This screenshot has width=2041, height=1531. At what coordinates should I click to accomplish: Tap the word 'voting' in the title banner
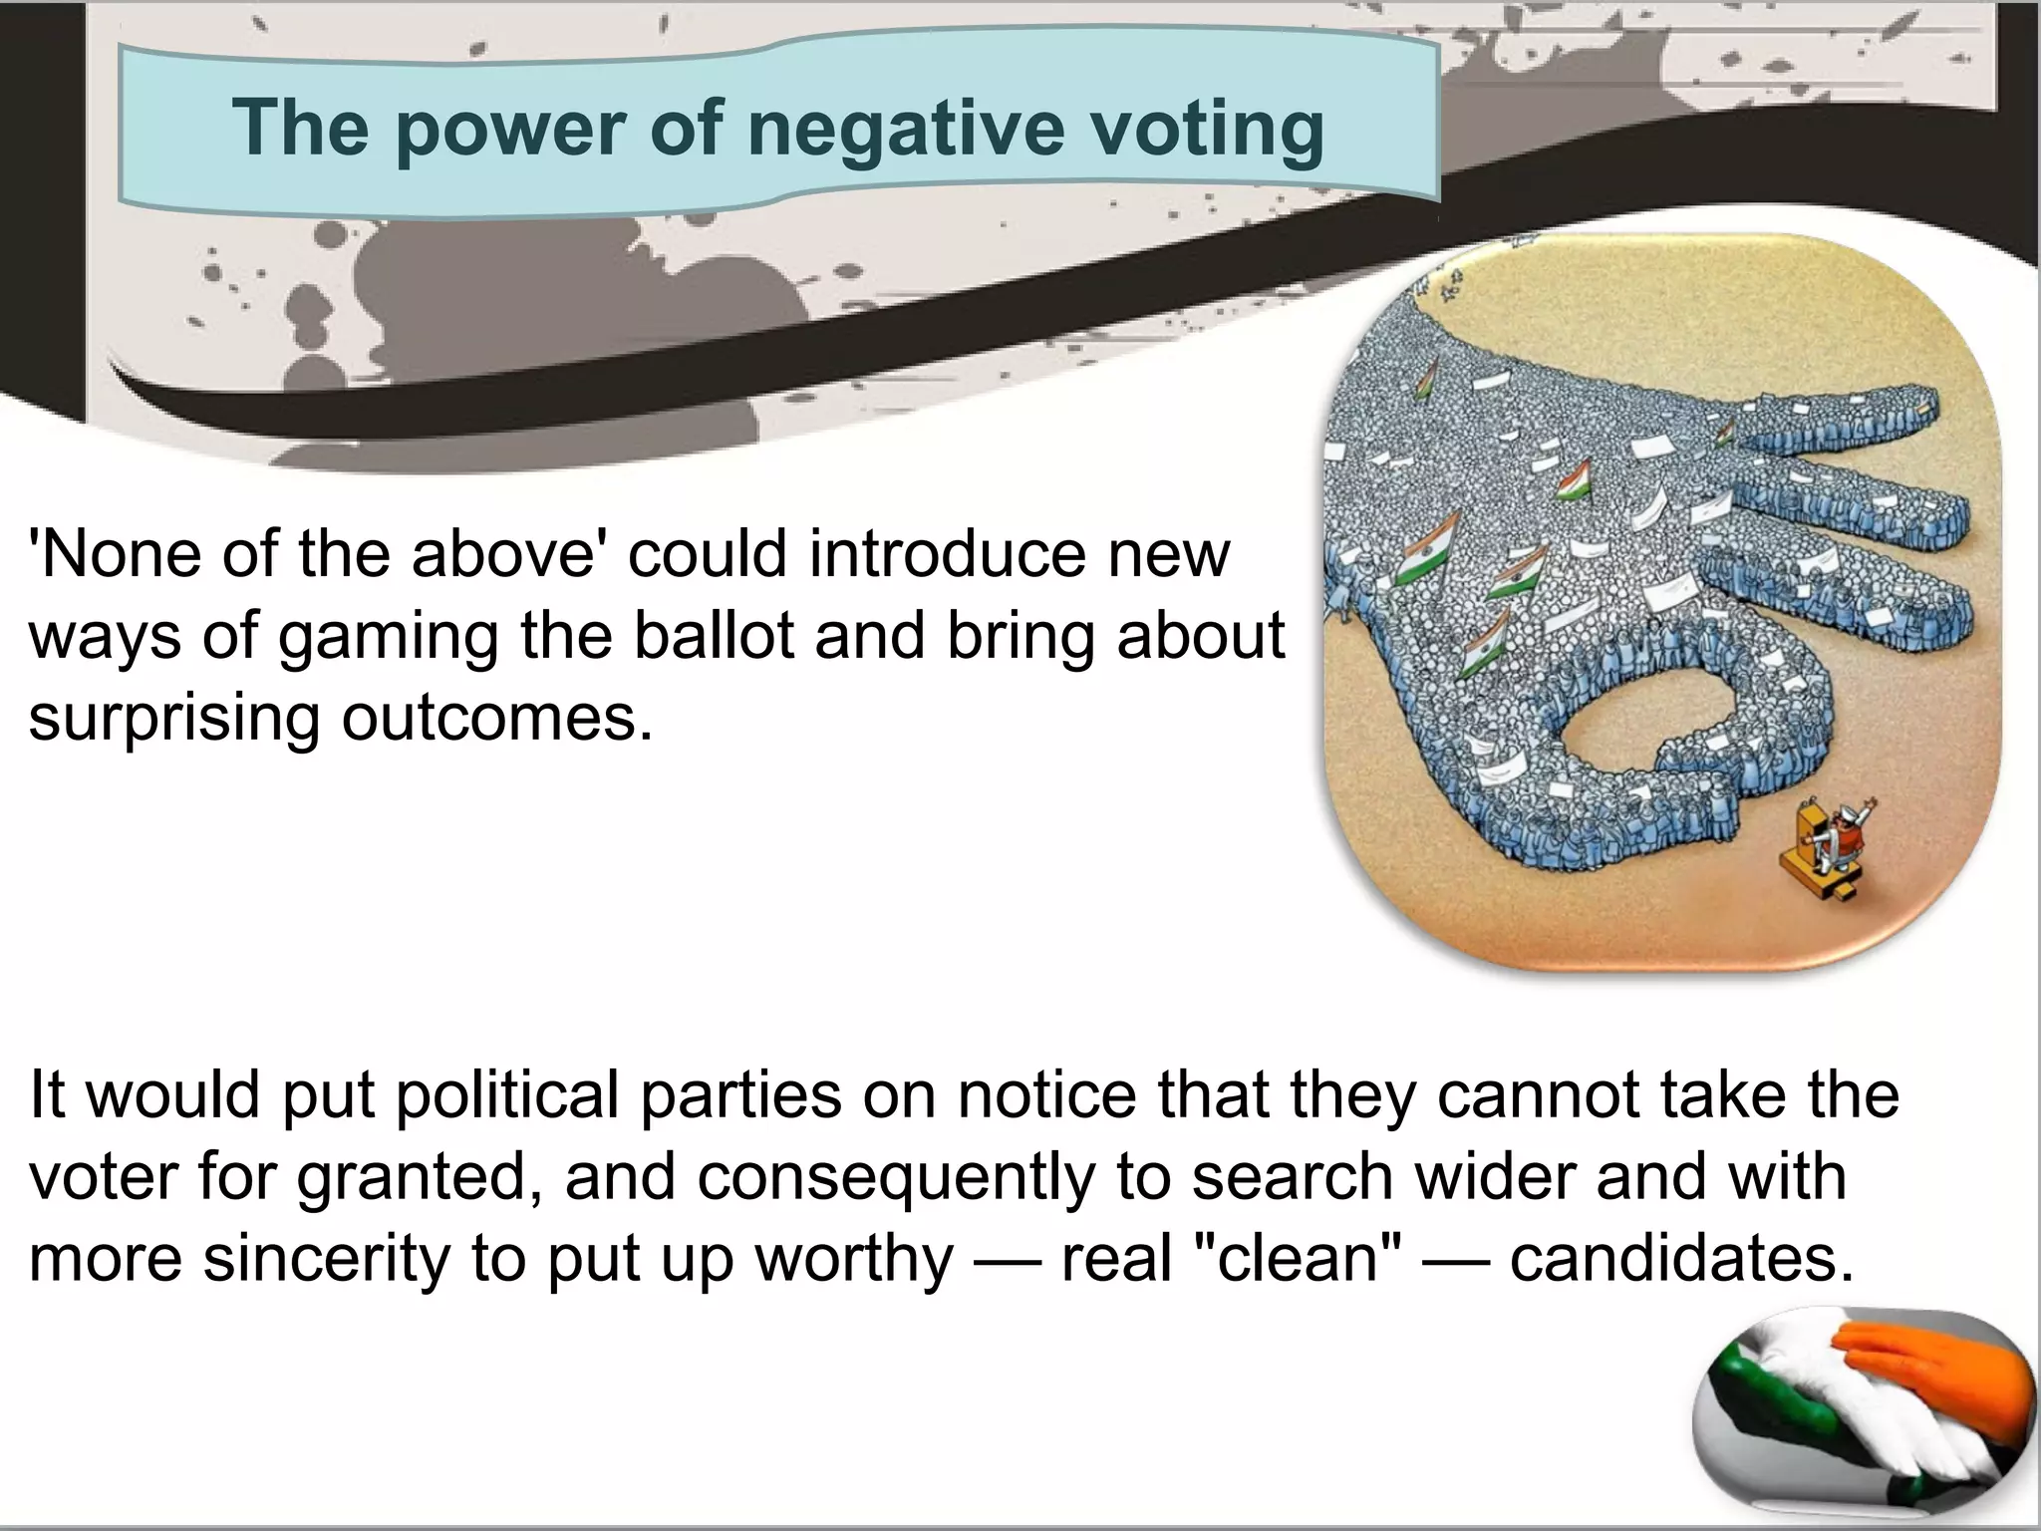point(1195,129)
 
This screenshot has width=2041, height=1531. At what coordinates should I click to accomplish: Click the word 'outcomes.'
point(497,717)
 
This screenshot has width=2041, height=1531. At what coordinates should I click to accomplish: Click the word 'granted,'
point(420,1177)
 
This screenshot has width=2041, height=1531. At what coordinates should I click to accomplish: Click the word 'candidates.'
point(1683,1259)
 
